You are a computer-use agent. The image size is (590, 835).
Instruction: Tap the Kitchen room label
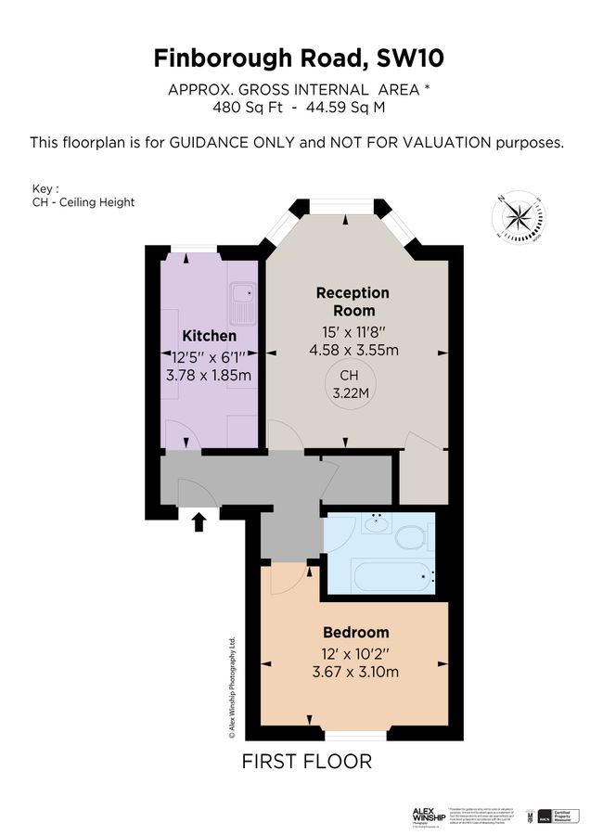(x=209, y=336)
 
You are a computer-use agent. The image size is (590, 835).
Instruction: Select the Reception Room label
(x=353, y=302)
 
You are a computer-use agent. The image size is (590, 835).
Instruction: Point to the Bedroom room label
(x=356, y=633)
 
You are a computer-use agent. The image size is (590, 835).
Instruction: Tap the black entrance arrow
(x=197, y=523)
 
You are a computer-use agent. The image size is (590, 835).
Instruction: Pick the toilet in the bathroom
(x=409, y=536)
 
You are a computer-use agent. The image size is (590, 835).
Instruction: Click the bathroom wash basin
(x=378, y=524)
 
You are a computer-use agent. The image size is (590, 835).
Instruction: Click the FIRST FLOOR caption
(x=306, y=762)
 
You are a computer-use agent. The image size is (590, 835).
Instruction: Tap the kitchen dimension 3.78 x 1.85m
(x=209, y=376)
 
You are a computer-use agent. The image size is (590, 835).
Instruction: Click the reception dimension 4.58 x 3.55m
(x=353, y=351)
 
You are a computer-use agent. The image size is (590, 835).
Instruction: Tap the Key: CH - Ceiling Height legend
(x=83, y=196)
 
